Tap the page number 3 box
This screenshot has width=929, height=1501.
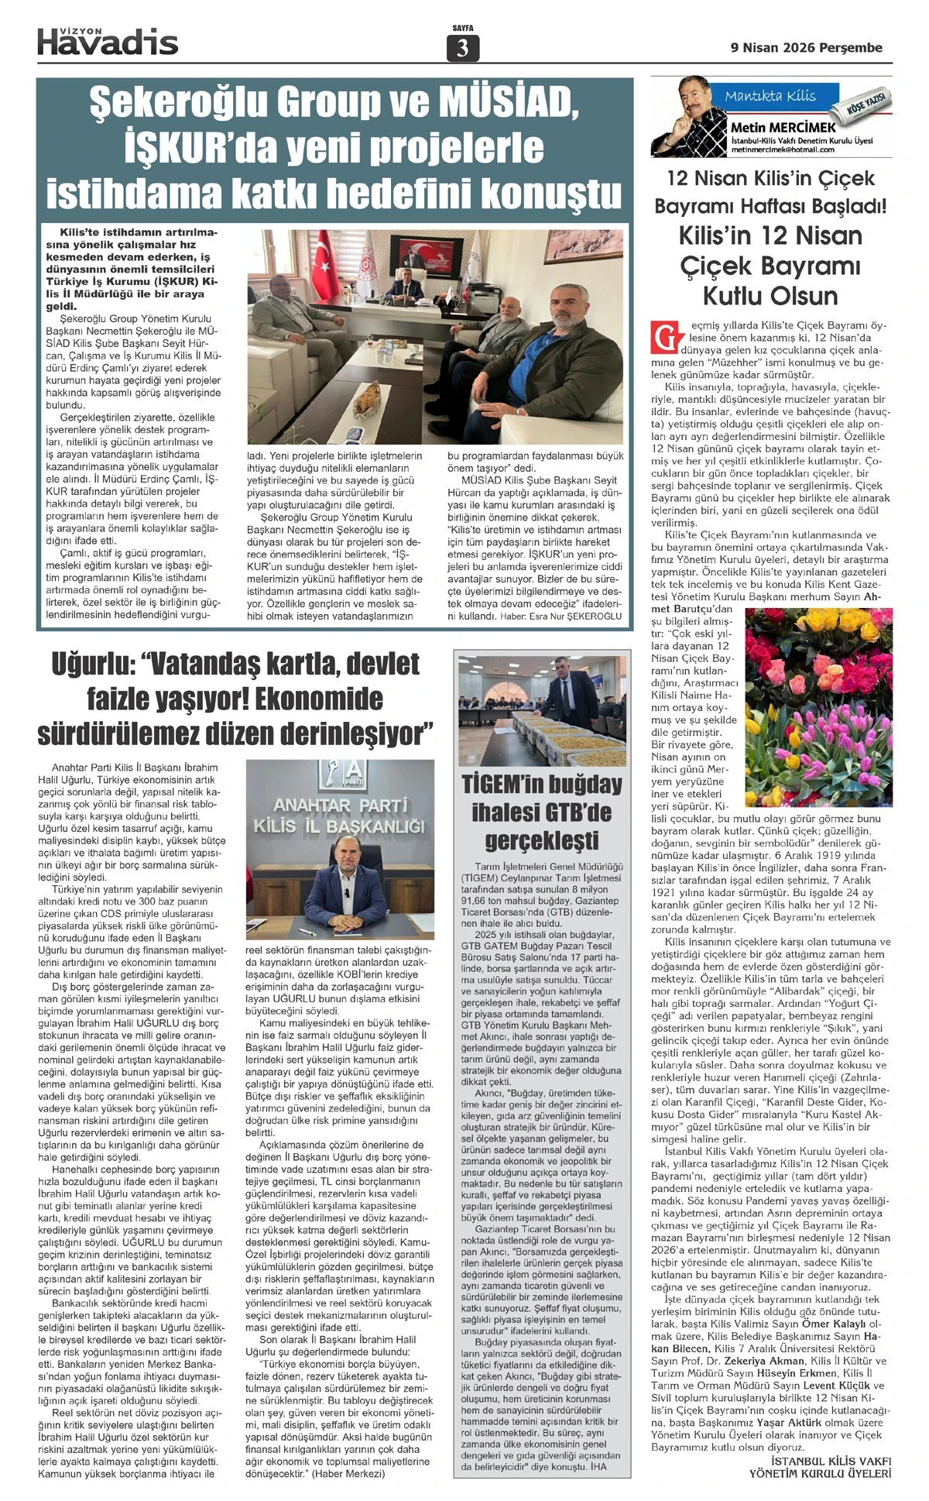point(463,48)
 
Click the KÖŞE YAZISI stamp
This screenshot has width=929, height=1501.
point(867,103)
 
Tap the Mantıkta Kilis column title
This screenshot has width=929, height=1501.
point(770,96)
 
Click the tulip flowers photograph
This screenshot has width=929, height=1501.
point(818,706)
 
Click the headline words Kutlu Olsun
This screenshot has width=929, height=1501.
point(770,296)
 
